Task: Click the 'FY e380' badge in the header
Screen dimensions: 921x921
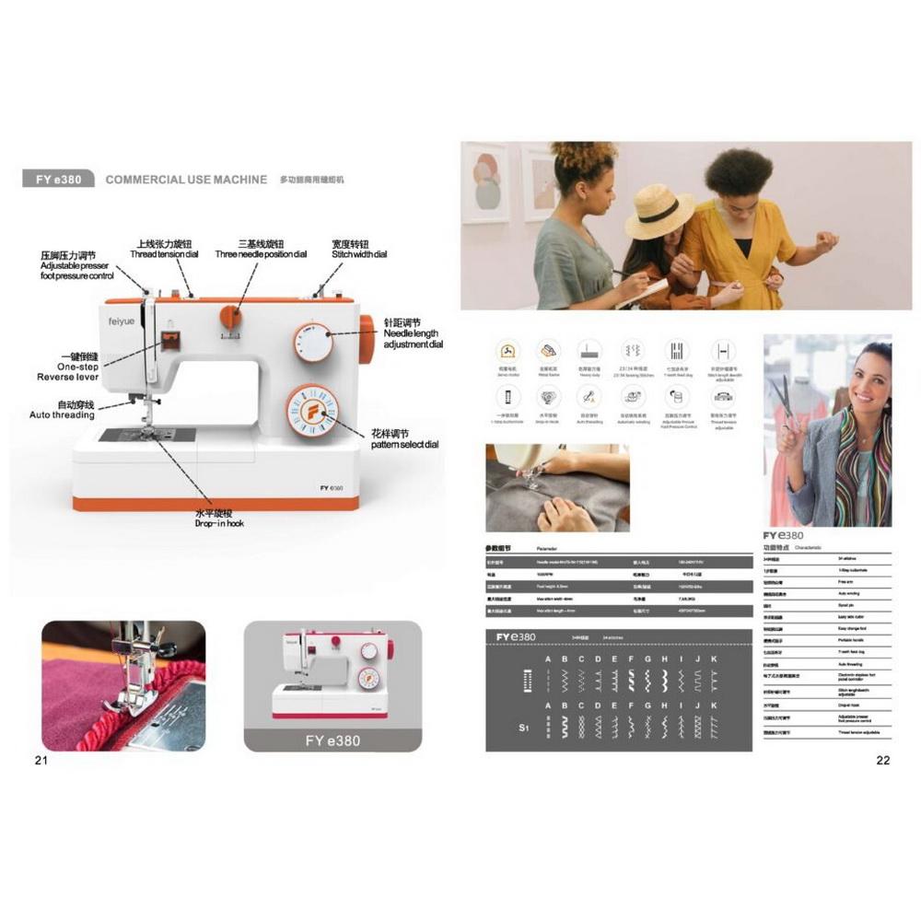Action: point(58,180)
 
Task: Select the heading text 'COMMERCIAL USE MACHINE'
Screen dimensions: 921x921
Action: point(186,180)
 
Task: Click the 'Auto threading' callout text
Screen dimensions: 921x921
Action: point(62,415)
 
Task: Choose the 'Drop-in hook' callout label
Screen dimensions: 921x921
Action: point(219,523)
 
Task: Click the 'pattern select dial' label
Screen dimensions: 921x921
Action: point(405,444)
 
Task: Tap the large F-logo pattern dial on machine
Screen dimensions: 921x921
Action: point(311,411)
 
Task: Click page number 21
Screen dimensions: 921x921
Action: point(41,760)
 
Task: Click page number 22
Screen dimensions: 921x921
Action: point(882,760)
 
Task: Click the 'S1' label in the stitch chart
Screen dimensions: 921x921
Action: point(525,728)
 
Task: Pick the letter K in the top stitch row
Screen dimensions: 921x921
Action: point(714,659)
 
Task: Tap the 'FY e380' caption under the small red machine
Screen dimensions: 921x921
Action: point(332,740)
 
